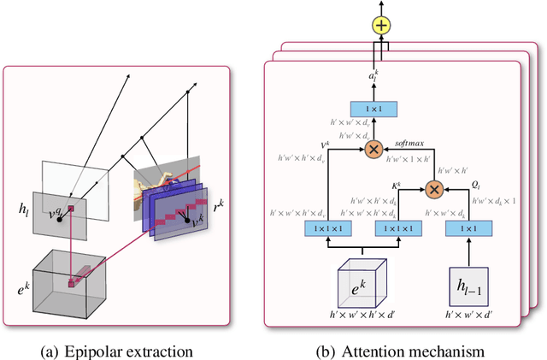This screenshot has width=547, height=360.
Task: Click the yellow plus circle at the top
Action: (381, 25)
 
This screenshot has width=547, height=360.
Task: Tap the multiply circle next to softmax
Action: (373, 149)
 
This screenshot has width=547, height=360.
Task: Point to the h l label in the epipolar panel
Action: (25, 208)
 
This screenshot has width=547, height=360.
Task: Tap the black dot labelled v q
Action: (60, 219)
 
